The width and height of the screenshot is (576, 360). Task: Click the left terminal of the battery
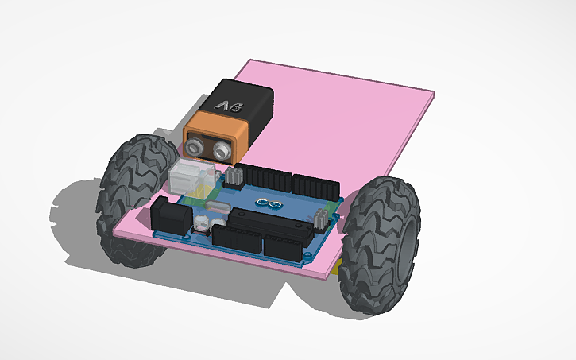pos(195,147)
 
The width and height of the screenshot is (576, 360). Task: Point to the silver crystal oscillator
pos(215,210)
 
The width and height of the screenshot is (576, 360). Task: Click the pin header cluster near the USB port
pos(234,176)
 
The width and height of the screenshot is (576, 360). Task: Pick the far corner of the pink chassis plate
pos(435,95)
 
